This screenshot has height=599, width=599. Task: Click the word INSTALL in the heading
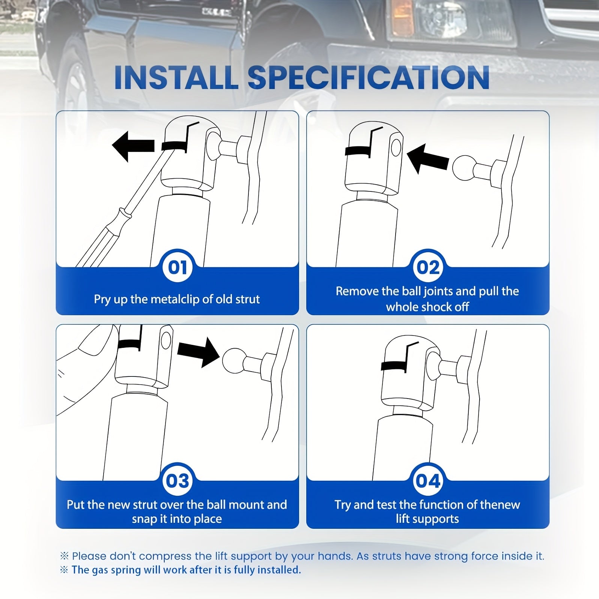[176, 77]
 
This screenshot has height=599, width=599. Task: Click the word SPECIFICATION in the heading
[369, 77]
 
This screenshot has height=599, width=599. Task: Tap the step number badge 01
[178, 268]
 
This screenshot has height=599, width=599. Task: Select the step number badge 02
[428, 268]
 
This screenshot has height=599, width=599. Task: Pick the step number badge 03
[178, 481]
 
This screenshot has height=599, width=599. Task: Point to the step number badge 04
[428, 481]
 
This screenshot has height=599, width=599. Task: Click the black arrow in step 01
[133, 146]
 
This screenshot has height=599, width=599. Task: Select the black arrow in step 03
[199, 352]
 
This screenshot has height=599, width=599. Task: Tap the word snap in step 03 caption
[143, 519]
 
